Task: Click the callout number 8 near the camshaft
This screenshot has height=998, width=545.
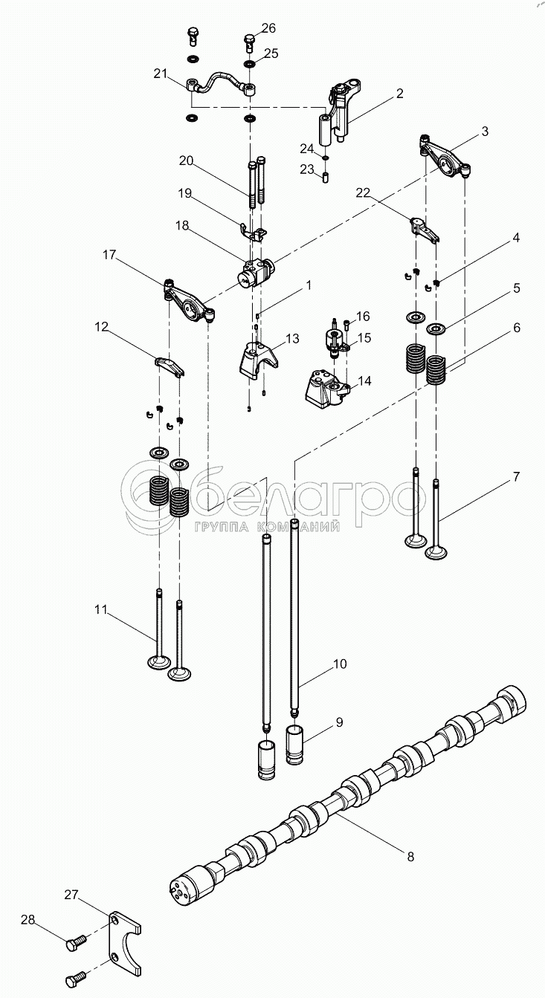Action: point(410,856)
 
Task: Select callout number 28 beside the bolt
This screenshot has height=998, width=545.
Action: point(28,920)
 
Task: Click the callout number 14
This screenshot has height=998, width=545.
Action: point(364,381)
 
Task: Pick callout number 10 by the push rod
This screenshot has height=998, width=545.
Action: point(339,664)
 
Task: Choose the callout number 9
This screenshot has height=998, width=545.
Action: point(339,721)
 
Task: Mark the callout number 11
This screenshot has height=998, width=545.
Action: point(102,610)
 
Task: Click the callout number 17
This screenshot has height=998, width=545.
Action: point(109,255)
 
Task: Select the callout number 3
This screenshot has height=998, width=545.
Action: point(485,132)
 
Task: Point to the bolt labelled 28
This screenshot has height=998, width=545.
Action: point(75,943)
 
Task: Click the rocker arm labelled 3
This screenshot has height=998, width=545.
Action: point(445,158)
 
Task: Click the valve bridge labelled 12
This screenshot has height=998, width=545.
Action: point(169,366)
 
